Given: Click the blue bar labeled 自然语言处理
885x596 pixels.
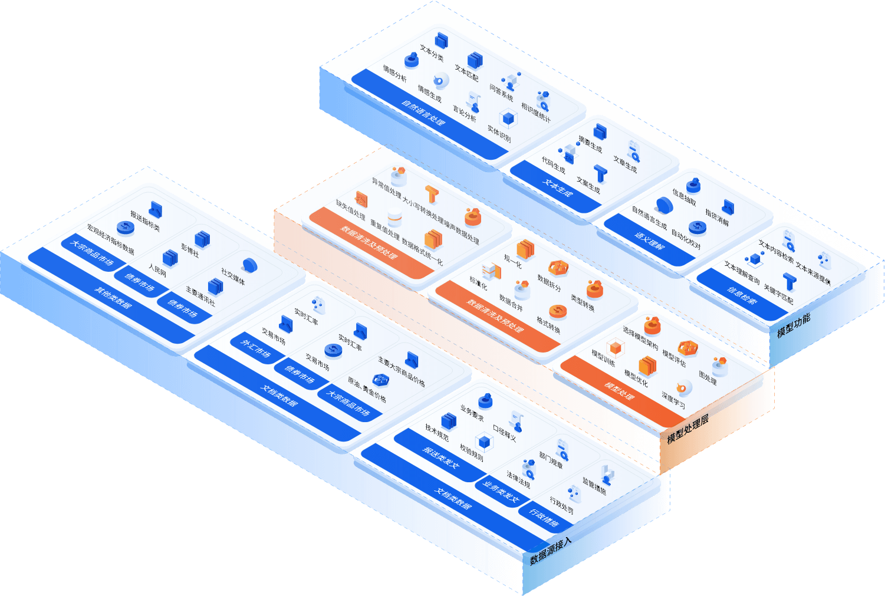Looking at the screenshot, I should click(423, 113).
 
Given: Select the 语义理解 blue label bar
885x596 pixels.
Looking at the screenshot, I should click(649, 241).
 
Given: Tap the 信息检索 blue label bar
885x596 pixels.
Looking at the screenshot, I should click(741, 294).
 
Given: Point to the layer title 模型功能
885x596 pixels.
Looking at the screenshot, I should click(793, 325).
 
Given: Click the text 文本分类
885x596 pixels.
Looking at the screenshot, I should click(431, 52).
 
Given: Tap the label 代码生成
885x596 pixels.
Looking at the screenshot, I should click(553, 165).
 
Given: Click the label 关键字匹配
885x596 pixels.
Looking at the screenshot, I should click(778, 295).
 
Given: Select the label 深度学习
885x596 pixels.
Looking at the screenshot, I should click(673, 400).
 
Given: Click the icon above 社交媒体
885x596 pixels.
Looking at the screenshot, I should click(249, 265).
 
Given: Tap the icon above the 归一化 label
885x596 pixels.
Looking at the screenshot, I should click(525, 248).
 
